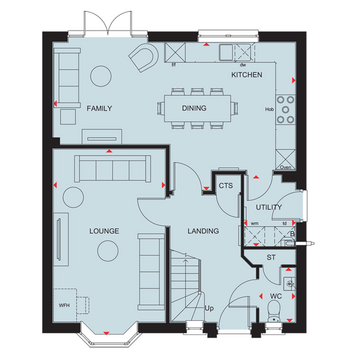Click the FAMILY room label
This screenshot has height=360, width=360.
99,108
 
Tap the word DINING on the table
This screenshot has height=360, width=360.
194,108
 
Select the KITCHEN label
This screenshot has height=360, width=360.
247,75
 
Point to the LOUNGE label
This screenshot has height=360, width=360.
104,231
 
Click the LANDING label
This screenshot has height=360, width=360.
203,231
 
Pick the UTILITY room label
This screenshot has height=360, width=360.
269,207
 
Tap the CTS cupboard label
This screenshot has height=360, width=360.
225,186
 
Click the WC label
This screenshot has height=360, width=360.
276,297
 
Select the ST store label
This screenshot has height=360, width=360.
271,258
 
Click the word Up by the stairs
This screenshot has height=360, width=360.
209,308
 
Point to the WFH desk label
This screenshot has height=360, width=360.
64,306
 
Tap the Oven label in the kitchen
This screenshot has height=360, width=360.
286,167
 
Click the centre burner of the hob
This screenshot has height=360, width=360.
285,110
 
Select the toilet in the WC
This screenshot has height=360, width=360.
274,312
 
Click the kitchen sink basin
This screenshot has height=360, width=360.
226,52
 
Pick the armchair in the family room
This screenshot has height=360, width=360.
144,57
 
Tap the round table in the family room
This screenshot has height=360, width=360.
101,76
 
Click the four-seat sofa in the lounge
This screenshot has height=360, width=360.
113,169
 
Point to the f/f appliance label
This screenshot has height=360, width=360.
173,65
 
